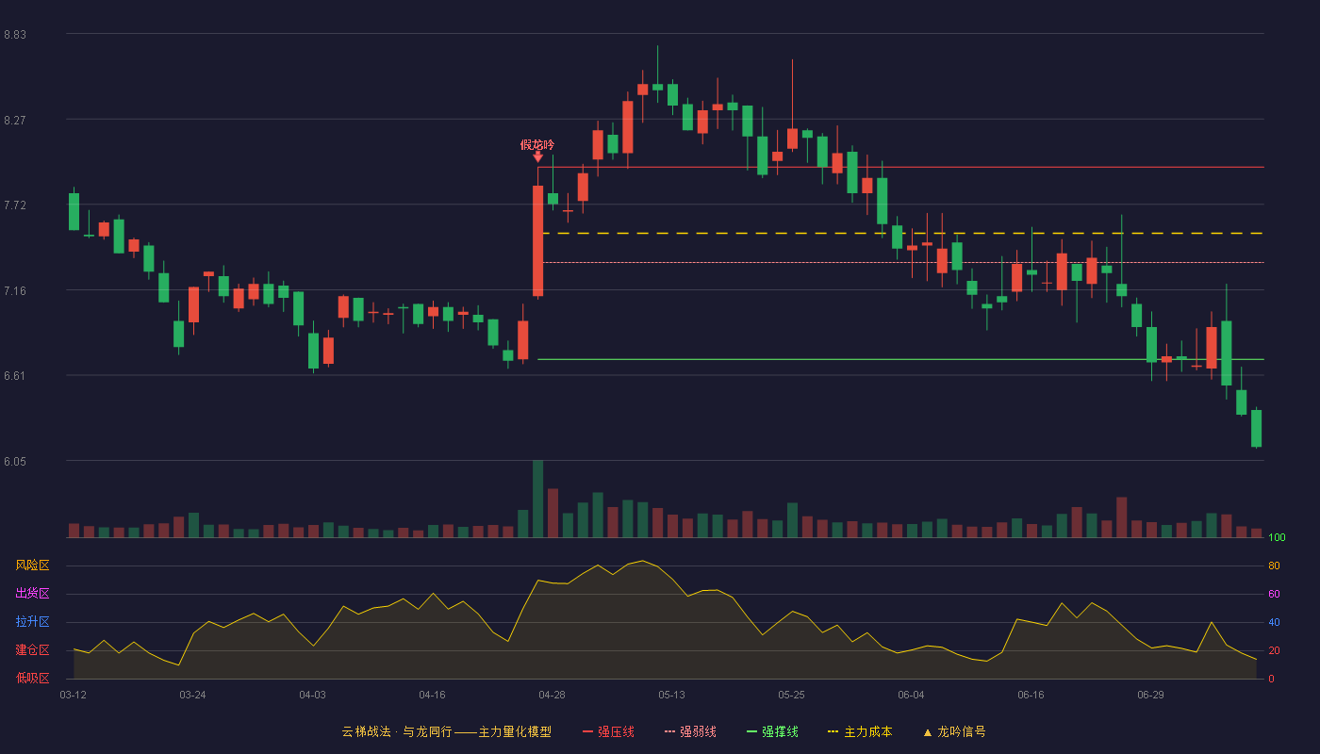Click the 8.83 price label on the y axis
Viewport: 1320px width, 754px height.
click(15, 35)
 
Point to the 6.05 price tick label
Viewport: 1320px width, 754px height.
click(15, 462)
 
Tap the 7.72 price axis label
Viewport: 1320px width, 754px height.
click(15, 205)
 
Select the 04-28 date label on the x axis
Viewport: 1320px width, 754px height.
click(552, 696)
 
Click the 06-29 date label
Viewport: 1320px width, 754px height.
click(1150, 696)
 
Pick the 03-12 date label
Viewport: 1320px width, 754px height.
click(74, 696)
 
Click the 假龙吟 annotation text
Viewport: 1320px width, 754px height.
click(537, 145)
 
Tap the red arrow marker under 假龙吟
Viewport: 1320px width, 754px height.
click(537, 157)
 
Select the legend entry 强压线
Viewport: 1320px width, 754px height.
click(609, 731)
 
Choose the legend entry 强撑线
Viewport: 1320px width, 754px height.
click(772, 731)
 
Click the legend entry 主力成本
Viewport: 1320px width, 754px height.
click(860, 731)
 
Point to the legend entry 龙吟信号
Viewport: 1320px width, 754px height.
click(954, 731)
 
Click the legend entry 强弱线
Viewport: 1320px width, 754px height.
click(690, 731)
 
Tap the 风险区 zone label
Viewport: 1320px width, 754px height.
click(32, 565)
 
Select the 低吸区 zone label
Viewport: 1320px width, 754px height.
click(32, 679)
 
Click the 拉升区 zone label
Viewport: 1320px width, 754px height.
click(32, 622)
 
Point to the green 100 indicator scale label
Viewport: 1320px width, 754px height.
click(1277, 537)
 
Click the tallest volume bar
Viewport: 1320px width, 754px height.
click(537, 499)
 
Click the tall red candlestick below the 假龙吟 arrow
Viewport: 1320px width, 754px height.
click(537, 241)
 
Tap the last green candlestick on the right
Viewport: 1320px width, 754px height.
click(1256, 428)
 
